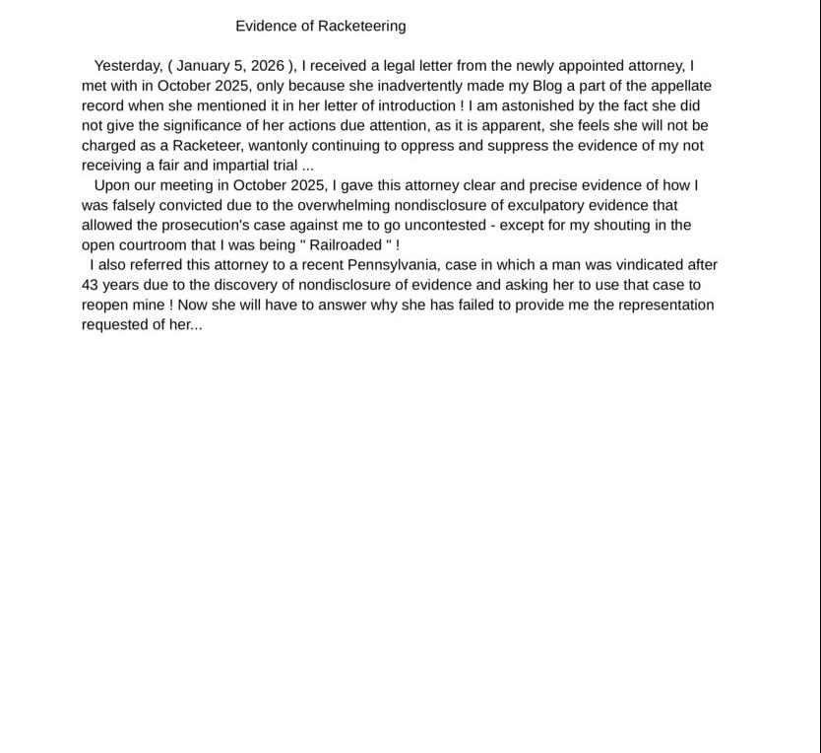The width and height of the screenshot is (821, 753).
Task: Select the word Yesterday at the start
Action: tap(127, 66)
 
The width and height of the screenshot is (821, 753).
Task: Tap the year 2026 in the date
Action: tap(268, 66)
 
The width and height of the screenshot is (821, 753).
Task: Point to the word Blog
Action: tap(546, 86)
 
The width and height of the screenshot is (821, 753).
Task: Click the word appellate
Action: tap(680, 86)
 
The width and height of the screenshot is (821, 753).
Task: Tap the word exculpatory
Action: tap(556, 205)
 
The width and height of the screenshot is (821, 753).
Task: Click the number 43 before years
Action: tap(91, 285)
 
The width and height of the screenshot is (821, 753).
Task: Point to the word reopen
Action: tap(106, 306)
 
